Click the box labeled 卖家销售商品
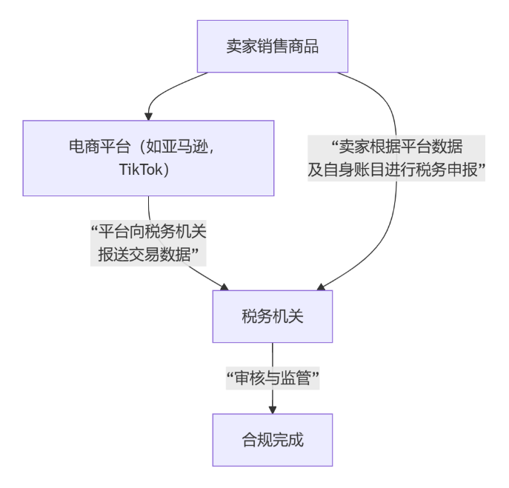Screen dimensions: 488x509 (x=272, y=46)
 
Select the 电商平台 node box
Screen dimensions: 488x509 (x=148, y=158)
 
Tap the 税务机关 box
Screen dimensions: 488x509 (x=272, y=317)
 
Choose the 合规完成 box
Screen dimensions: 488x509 (x=272, y=440)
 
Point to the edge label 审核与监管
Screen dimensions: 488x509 (x=272, y=378)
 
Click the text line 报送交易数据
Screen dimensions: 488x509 (x=148, y=255)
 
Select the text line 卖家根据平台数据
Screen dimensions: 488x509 (x=396, y=147)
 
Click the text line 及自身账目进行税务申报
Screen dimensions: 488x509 (x=396, y=170)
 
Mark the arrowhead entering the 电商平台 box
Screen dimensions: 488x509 (x=148, y=115)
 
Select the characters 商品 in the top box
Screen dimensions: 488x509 (x=303, y=46)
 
